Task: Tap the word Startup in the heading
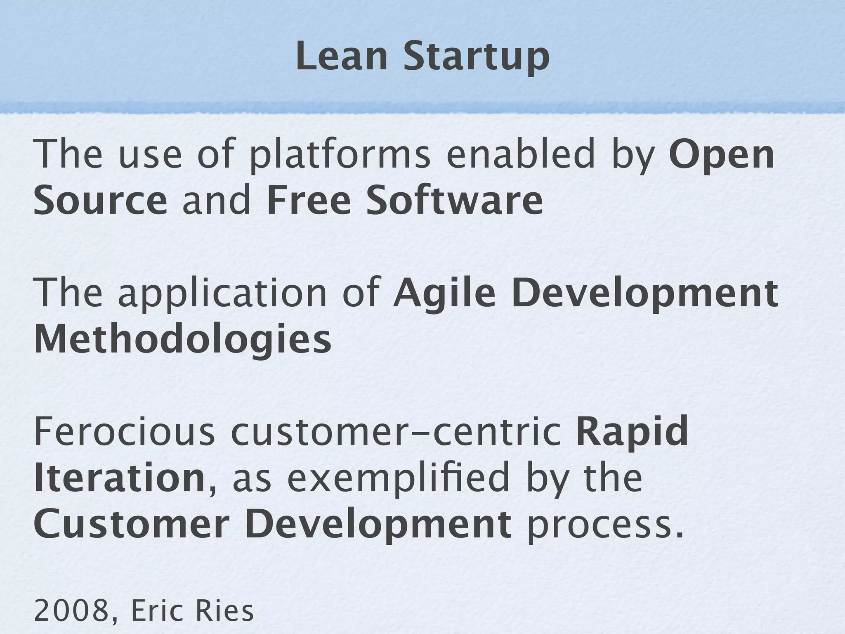pos(476,58)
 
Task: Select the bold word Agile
pos(444,294)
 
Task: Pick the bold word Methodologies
pos(183,340)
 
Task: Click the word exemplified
pos(398,479)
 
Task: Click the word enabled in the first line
pos(520,155)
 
